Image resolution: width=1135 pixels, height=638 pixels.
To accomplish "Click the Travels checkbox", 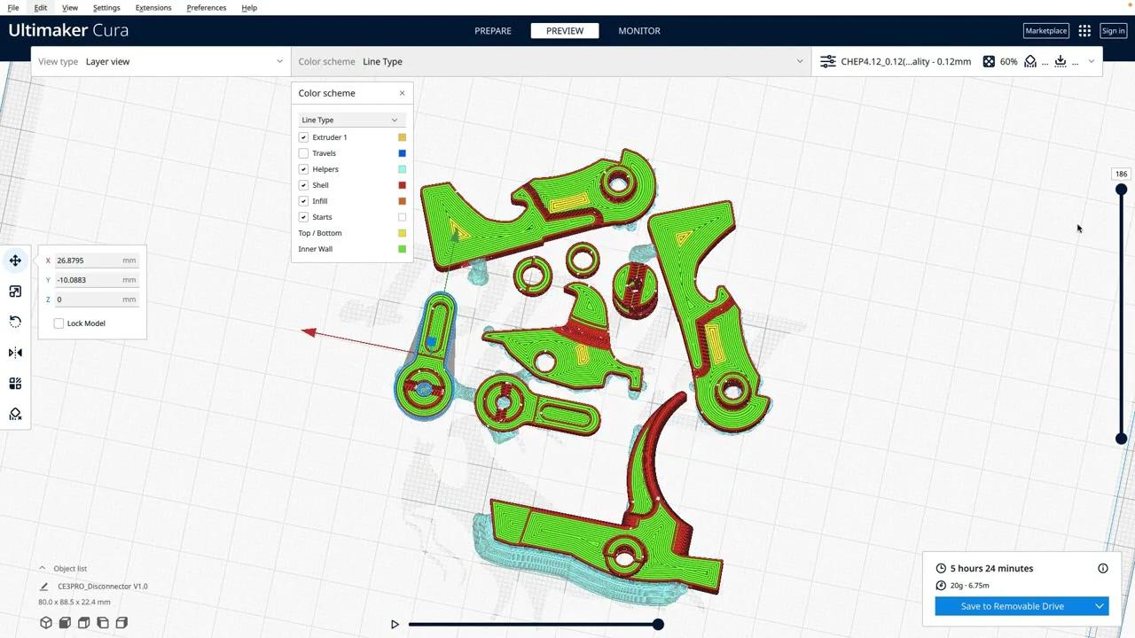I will pyautogui.click(x=303, y=153).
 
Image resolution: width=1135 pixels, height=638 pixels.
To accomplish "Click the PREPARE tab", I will pyautogui.click(x=493, y=31).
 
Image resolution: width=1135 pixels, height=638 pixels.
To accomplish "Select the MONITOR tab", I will pyautogui.click(x=638, y=31).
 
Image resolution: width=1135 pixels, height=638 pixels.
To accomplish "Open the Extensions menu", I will pyautogui.click(x=153, y=8).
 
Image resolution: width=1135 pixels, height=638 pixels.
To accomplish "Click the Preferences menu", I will pyautogui.click(x=206, y=8).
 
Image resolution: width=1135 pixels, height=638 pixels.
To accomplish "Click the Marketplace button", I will pyautogui.click(x=1045, y=31).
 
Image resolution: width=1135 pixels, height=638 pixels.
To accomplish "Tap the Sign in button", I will pyautogui.click(x=1113, y=31).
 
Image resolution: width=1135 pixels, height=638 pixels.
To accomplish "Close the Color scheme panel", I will pyautogui.click(x=402, y=93).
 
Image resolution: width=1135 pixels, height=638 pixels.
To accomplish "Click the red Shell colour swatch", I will pyautogui.click(x=402, y=185).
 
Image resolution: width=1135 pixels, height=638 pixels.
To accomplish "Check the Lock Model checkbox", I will pyautogui.click(x=59, y=323).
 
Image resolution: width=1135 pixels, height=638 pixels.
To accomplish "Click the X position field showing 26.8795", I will pyautogui.click(x=87, y=261).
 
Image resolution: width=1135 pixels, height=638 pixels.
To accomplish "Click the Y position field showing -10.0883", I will pyautogui.click(x=87, y=280).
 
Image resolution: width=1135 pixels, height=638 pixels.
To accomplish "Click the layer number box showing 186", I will pyautogui.click(x=1121, y=174).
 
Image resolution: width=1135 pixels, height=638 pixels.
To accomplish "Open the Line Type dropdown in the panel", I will pyautogui.click(x=349, y=120).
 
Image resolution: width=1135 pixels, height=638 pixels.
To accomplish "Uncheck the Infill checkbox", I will pyautogui.click(x=303, y=201).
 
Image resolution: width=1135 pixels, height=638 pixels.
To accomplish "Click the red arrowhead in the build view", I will pyautogui.click(x=309, y=332).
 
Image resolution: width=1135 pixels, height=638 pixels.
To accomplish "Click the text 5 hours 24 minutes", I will pyautogui.click(x=991, y=568).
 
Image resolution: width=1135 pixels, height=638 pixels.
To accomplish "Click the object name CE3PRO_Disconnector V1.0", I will pyautogui.click(x=103, y=587).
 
